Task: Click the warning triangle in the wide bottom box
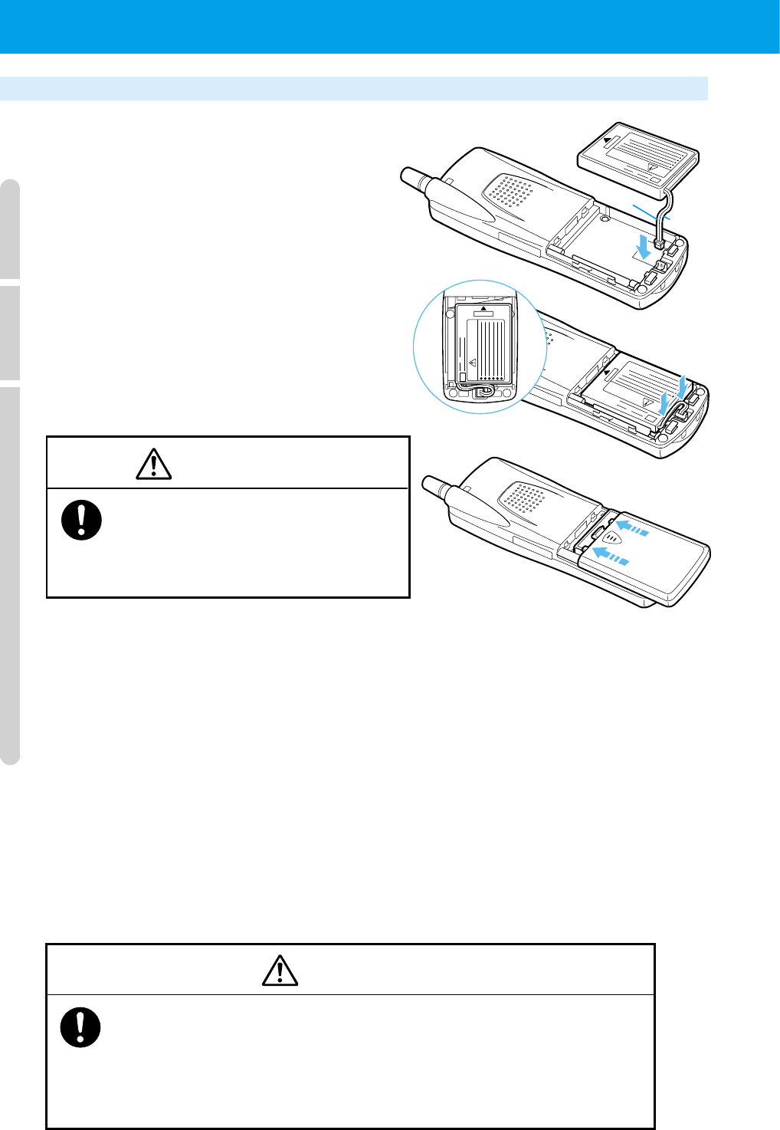pyautogui.click(x=280, y=971)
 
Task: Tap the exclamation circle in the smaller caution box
pyautogui.click(x=81, y=521)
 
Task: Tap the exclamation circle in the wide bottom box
pyautogui.click(x=80, y=1027)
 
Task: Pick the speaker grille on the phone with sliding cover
pyautogui.click(x=524, y=500)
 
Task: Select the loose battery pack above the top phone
pyautogui.click(x=637, y=158)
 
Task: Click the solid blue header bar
pyautogui.click(x=390, y=26)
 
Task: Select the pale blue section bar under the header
pyautogui.click(x=353, y=88)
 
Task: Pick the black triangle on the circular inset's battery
pyautogui.click(x=483, y=308)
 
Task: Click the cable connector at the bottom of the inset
pyautogui.click(x=483, y=393)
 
